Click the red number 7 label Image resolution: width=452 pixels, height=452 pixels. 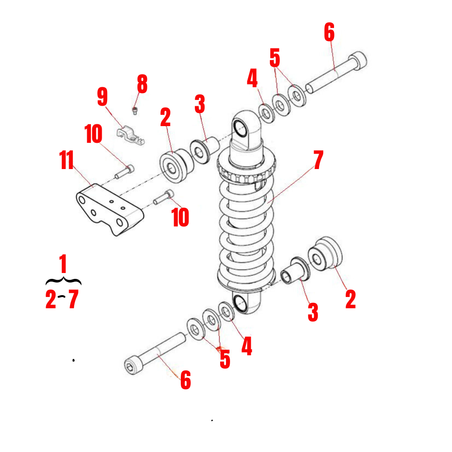pos(318,161)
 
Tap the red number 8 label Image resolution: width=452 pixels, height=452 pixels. pos(142,85)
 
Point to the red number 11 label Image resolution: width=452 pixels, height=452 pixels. pos(67,161)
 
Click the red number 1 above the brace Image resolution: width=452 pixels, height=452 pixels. pos(63,264)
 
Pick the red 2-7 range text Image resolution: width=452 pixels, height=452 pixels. pos(62,300)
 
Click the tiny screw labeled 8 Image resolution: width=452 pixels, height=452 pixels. pos(135,109)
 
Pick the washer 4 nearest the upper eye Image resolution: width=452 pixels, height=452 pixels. pos(266,113)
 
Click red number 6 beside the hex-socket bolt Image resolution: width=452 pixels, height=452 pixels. pos(185,381)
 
